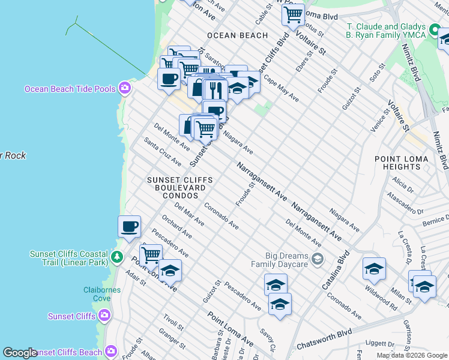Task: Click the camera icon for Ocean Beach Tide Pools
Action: point(124,89)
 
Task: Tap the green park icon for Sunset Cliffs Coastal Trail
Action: point(116,258)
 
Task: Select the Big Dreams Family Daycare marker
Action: point(318,260)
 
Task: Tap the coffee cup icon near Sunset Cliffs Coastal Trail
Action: point(130,227)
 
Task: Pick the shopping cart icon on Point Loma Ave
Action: point(151,254)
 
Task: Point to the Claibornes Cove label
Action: point(102,295)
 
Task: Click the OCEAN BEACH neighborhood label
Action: point(237,35)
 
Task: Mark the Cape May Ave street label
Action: point(280,89)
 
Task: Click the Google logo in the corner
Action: point(20,353)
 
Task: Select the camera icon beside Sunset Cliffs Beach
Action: point(110,352)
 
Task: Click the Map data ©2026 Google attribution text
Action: point(411,355)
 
